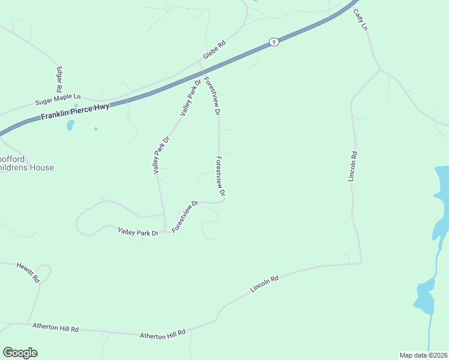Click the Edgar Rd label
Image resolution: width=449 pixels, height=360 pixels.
click(60, 79)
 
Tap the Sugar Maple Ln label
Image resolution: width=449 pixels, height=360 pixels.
click(58, 97)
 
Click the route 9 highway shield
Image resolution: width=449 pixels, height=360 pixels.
click(274, 41)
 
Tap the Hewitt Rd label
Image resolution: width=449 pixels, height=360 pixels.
click(28, 272)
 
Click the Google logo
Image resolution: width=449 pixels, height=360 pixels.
click(20, 353)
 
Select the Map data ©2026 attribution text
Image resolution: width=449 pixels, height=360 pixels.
click(423, 355)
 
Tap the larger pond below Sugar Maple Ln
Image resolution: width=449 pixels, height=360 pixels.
click(70, 125)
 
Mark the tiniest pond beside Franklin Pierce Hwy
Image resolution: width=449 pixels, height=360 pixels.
click(95, 128)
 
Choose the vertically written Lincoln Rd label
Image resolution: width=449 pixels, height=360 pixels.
click(353, 166)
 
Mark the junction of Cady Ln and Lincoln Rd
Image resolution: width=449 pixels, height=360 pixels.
click(380, 70)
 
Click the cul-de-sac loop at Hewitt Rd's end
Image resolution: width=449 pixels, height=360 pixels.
click(44, 269)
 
